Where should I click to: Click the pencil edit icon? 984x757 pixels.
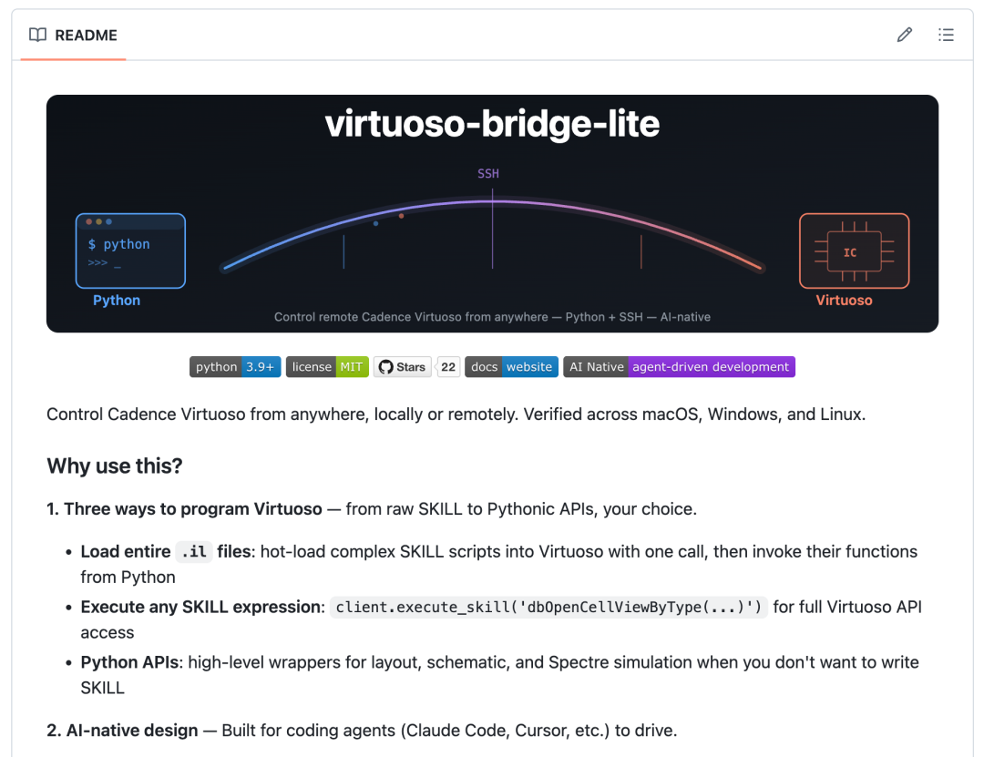click(904, 36)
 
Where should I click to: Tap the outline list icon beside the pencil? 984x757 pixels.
click(946, 36)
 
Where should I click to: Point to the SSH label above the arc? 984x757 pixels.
click(488, 173)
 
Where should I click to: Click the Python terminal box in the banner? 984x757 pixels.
click(130, 251)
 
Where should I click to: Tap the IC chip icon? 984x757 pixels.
click(854, 251)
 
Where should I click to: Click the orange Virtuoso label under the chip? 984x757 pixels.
click(844, 301)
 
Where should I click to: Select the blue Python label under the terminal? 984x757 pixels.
click(117, 301)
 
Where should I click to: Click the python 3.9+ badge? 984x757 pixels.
click(235, 367)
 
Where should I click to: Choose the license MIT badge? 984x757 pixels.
click(327, 367)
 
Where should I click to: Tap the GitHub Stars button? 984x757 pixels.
click(402, 367)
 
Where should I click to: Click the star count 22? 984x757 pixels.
click(448, 367)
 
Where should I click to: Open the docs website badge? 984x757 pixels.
click(511, 367)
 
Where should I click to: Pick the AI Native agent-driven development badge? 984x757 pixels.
click(679, 367)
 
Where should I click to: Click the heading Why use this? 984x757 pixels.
click(115, 466)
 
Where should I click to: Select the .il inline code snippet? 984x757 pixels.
click(193, 552)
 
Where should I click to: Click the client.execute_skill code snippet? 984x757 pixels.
click(549, 608)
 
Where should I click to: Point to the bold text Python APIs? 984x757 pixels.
click(132, 662)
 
